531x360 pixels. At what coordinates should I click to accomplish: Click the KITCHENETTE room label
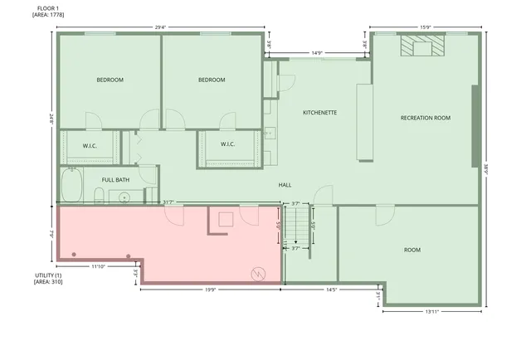[319, 112]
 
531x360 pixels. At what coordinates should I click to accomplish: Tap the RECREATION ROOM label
[425, 118]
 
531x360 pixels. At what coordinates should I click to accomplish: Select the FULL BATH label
[115, 180]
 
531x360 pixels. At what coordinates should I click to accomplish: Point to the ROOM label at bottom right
[412, 250]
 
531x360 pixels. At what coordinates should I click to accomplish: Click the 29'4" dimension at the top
[159, 27]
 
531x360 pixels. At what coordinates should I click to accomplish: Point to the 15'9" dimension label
[425, 27]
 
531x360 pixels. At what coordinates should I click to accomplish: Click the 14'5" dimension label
[331, 289]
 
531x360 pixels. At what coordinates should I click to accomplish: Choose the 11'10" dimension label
[98, 265]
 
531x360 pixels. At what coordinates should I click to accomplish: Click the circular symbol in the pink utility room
[256, 271]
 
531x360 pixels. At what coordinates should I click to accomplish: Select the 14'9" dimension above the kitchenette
[316, 53]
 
